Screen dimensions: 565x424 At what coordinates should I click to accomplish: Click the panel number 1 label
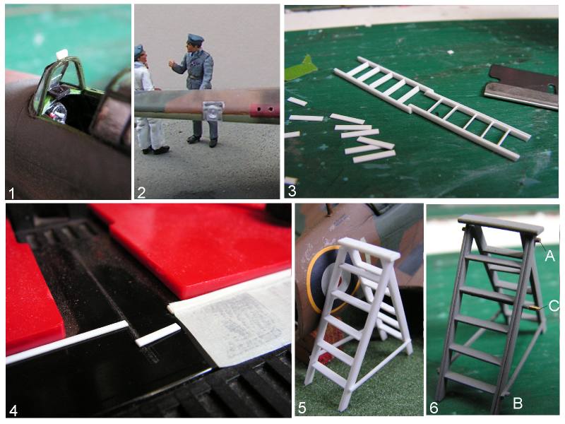tap(11, 193)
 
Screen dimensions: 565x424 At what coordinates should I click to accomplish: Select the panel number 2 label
tap(141, 193)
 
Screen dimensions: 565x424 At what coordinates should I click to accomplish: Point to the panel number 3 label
tap(292, 191)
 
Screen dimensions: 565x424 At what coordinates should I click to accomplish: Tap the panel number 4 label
tap(13, 410)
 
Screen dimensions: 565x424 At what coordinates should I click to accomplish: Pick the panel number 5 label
tap(302, 408)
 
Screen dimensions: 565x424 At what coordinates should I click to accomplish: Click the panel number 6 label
tap(434, 408)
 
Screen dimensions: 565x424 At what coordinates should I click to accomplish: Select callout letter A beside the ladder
tap(549, 256)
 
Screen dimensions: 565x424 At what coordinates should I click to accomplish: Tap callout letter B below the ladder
tap(518, 403)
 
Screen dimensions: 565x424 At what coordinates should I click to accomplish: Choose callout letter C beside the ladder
tap(554, 306)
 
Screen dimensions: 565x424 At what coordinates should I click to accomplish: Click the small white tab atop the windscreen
tap(62, 54)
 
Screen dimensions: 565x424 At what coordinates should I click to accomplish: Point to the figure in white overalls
tap(148, 101)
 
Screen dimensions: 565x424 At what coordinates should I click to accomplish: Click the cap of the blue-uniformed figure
tap(196, 39)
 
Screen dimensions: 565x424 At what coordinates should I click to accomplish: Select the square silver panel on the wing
tap(213, 112)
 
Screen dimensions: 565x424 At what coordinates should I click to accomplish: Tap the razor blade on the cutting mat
tap(521, 86)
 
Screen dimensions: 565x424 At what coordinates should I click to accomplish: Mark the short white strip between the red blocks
tap(157, 334)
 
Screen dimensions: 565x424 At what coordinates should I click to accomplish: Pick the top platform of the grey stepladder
tap(501, 223)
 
